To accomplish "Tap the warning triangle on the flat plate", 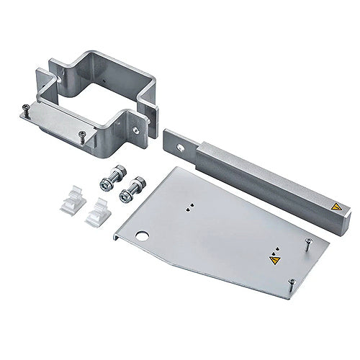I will coord(274,261).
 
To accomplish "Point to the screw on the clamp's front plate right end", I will coord(82,135).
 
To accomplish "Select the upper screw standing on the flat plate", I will coord(307,244).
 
